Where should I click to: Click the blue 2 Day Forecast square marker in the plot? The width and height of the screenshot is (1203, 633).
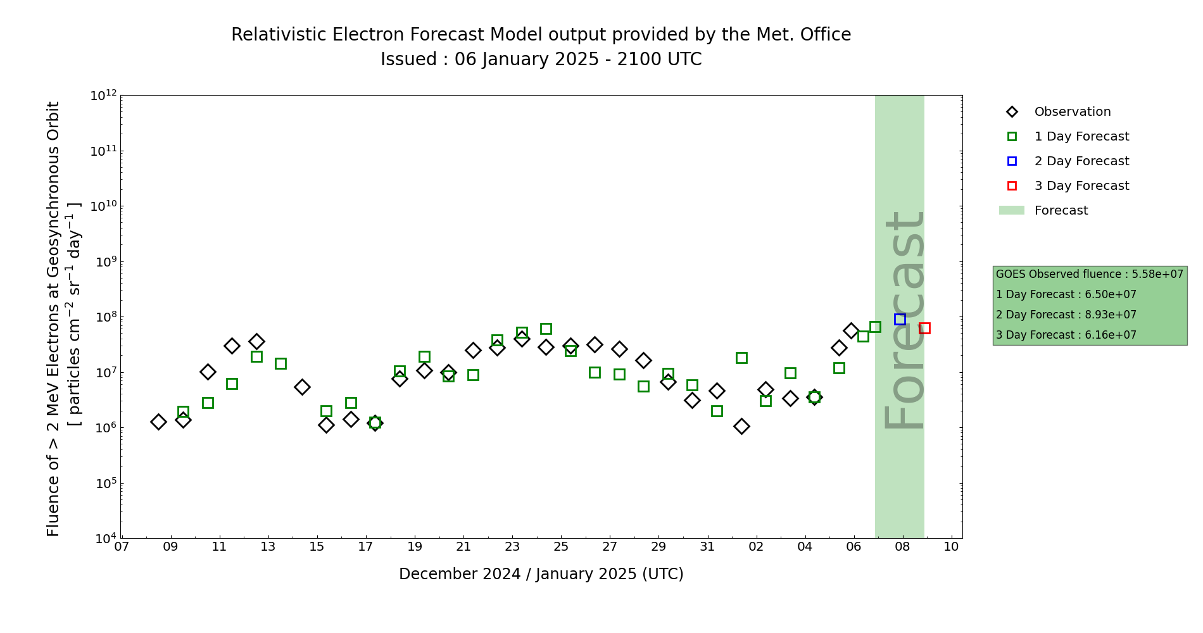click(900, 319)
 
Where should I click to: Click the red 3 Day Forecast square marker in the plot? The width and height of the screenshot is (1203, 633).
click(924, 328)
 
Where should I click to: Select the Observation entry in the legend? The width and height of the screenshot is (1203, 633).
click(1072, 112)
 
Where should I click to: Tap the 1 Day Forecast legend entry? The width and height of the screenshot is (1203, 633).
click(1081, 137)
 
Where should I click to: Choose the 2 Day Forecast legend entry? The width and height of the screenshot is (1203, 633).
click(1081, 161)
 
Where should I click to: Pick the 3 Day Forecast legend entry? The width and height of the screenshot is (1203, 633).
click(1081, 186)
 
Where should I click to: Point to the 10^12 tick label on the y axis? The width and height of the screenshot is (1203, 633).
click(103, 96)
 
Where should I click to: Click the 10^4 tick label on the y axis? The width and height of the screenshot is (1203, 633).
click(103, 539)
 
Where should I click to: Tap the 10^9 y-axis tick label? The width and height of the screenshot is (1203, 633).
click(103, 261)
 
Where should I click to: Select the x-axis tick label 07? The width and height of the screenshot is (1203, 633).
click(122, 546)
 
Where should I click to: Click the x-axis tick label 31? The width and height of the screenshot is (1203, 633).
click(707, 546)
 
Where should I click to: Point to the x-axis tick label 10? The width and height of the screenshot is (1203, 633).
click(951, 546)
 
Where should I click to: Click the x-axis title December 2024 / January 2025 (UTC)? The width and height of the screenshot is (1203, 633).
click(541, 574)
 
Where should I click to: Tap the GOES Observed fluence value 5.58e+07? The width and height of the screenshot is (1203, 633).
click(1157, 274)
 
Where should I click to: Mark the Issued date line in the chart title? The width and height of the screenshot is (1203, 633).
click(541, 60)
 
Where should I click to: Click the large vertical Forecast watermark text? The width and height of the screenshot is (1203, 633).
click(904, 320)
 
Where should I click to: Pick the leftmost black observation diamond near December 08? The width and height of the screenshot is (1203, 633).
click(158, 422)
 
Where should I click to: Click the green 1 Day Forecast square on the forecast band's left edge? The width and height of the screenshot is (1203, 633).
click(875, 327)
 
